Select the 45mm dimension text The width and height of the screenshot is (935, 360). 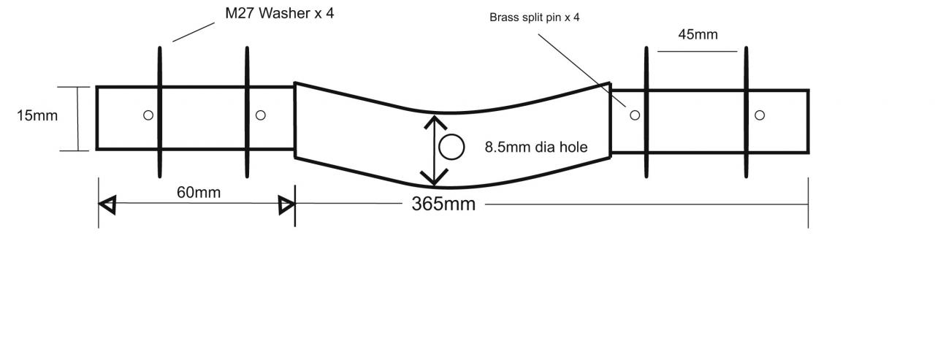point(698,34)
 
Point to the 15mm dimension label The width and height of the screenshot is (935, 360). point(37,115)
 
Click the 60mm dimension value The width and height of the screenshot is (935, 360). point(198,192)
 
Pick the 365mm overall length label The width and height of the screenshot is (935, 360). point(443,204)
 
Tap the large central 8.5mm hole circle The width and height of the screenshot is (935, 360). point(451,147)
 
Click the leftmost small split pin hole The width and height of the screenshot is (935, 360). point(148,115)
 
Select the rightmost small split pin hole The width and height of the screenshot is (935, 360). point(760,115)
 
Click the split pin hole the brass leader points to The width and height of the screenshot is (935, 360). point(635,115)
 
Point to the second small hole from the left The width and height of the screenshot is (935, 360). point(261,115)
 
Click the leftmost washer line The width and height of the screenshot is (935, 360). point(159,112)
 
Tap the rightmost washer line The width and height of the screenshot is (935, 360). point(746,112)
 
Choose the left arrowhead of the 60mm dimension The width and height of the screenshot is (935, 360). point(107,205)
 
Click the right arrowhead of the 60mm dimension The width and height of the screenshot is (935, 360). point(286,206)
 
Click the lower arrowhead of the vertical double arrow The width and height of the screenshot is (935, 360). point(435,177)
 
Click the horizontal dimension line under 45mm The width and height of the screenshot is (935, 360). point(698,51)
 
